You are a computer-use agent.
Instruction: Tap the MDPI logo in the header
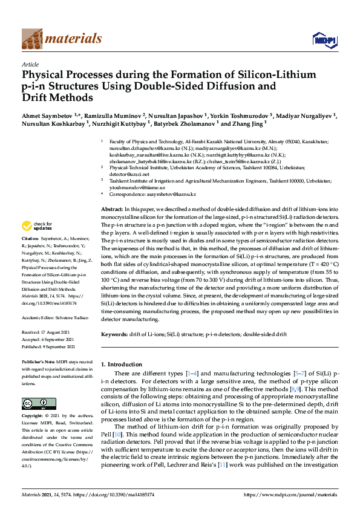323,40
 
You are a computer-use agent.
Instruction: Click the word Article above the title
30,64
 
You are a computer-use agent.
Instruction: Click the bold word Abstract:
113,209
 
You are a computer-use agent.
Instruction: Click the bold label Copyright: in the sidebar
34,417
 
